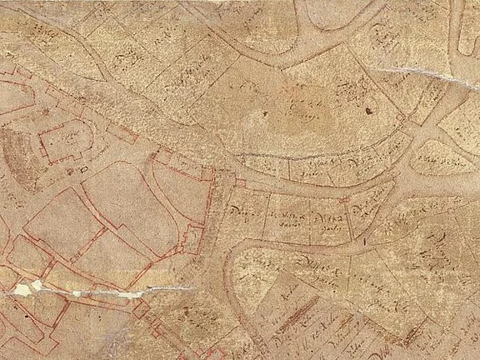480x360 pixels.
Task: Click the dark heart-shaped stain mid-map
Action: [x=265, y=113]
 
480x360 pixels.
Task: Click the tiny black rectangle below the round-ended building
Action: [x=83, y=170]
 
